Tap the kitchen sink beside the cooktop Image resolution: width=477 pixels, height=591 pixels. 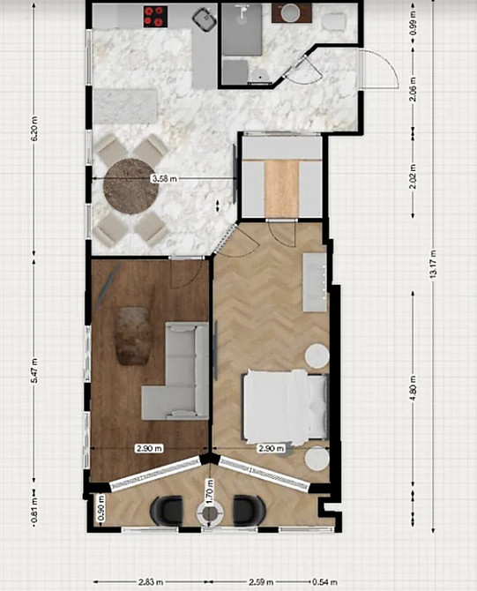pyautogui.click(x=205, y=16)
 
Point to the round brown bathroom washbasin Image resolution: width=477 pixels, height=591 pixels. pyautogui.click(x=289, y=12)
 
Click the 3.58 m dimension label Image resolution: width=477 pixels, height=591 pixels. pyautogui.click(x=164, y=178)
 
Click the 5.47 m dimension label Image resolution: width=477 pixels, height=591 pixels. pyautogui.click(x=34, y=368)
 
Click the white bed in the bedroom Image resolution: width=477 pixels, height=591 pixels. pyautogui.click(x=284, y=406)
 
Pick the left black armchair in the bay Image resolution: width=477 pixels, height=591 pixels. pyautogui.click(x=168, y=510)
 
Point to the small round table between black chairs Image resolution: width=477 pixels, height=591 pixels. pyautogui.click(x=209, y=514)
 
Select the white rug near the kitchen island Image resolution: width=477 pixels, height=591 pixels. pyautogui.click(x=124, y=107)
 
